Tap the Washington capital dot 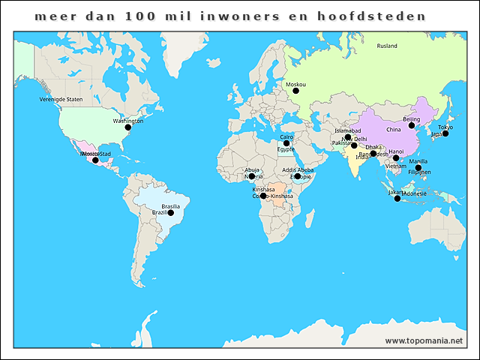127,127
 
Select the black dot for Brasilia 170,213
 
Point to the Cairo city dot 286,143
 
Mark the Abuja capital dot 252,176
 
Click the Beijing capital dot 412,125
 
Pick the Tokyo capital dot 445,133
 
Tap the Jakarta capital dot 397,198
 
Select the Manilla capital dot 418,167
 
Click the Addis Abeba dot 298,177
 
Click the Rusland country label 387,46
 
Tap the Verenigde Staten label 61,99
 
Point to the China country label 394,130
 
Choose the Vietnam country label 395,166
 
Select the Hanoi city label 396,151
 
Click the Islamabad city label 348,130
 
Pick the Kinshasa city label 264,189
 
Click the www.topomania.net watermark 424,341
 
